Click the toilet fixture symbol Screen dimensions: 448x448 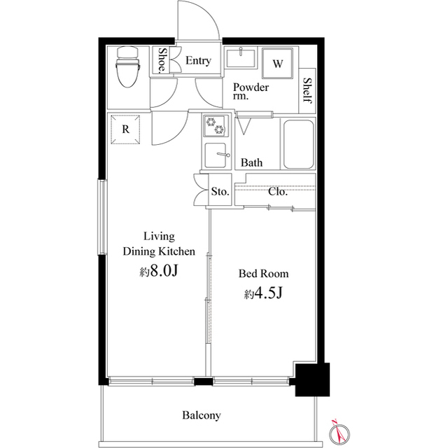(127, 66)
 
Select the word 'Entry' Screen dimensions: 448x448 (198, 61)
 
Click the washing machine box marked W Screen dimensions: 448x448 (278, 64)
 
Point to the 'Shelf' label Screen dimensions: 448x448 (307, 90)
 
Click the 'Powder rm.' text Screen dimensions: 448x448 (251, 92)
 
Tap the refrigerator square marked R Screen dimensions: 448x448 (125, 129)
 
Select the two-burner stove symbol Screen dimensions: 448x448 (216, 126)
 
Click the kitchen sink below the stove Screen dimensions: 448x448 (216, 155)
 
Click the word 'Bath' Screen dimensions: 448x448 (252, 163)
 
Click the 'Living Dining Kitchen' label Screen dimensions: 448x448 (159, 244)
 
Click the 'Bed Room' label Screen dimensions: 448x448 (263, 274)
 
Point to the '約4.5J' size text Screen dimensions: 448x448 (263, 294)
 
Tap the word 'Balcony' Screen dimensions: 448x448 (202, 415)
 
